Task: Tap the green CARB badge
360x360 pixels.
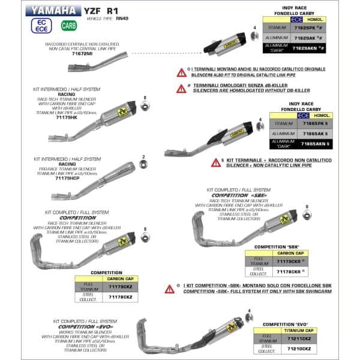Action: pyautogui.click(x=68, y=26)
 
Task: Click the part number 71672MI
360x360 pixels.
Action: pyautogui.click(x=82, y=54)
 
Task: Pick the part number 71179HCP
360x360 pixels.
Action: pyautogui.click(x=68, y=178)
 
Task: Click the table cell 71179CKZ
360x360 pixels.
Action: pyautogui.click(x=120, y=287)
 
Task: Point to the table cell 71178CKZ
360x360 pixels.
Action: pyautogui.click(x=120, y=297)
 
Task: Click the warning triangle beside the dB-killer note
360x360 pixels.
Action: pyautogui.click(x=181, y=88)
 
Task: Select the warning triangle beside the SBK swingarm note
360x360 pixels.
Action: pyautogui.click(x=170, y=289)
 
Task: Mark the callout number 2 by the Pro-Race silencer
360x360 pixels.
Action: pyautogui.click(x=143, y=157)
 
